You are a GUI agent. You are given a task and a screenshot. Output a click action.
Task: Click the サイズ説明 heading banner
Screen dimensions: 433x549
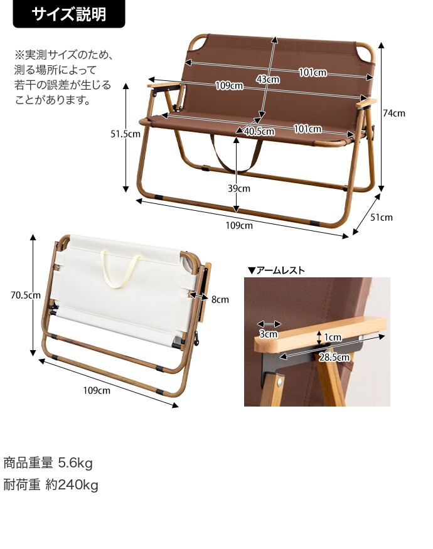(x=68, y=14)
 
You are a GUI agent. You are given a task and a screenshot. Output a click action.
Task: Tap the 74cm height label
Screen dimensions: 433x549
(x=393, y=113)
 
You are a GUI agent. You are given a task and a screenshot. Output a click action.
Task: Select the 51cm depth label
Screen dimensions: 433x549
(x=382, y=218)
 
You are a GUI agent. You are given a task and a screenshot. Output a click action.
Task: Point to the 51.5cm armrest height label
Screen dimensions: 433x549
(x=126, y=134)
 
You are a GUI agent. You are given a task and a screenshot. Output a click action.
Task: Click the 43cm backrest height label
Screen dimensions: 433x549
(x=268, y=80)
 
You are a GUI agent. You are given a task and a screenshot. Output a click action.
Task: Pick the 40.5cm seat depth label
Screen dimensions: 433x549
(x=259, y=131)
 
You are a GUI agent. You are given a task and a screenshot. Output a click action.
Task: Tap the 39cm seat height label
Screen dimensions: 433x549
(x=239, y=188)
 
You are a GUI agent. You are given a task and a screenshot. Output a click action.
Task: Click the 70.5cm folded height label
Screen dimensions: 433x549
(x=26, y=295)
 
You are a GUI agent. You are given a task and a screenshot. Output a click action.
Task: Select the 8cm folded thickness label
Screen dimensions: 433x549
(x=220, y=299)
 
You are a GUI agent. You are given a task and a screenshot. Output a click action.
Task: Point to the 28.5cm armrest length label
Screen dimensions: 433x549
(x=334, y=357)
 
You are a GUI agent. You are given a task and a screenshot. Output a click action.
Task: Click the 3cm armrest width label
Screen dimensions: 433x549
(x=269, y=334)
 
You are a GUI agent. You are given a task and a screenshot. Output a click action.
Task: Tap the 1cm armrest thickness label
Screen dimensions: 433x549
(x=333, y=337)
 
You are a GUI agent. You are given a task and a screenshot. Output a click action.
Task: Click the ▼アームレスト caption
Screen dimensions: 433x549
(x=276, y=270)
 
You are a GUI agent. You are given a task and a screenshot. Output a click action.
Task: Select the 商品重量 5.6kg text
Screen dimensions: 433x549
(x=48, y=463)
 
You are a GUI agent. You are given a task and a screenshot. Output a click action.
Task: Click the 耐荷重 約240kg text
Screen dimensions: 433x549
(x=51, y=485)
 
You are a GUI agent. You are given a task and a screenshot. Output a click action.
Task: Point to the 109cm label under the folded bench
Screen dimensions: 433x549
(x=97, y=390)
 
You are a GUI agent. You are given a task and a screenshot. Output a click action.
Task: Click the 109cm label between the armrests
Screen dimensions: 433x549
(x=229, y=85)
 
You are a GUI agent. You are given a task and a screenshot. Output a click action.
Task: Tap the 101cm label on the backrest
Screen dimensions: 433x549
(x=313, y=73)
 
